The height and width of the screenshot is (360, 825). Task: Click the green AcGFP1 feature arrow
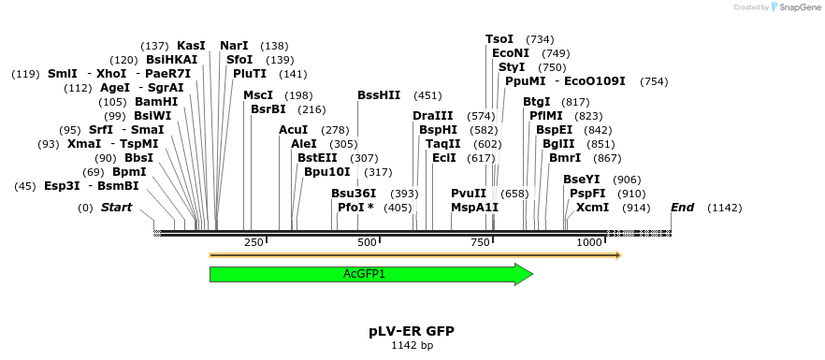[x=365, y=274]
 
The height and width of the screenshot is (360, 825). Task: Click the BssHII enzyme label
[x=379, y=95]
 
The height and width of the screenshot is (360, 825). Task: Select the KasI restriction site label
[x=191, y=46]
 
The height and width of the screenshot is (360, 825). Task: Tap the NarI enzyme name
[x=234, y=46]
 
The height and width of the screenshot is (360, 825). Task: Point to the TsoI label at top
[x=499, y=39]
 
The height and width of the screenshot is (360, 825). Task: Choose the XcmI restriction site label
[x=592, y=208]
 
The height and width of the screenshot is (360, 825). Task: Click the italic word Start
[x=116, y=208]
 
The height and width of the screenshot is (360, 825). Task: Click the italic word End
[x=682, y=208]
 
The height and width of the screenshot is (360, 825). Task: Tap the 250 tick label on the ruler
[x=253, y=242]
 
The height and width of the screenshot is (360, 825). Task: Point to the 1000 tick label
[x=590, y=242]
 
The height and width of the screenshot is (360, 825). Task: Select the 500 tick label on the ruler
[x=367, y=242]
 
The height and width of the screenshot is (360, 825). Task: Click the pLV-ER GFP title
[x=412, y=331]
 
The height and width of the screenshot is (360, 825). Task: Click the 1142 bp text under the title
[x=412, y=346]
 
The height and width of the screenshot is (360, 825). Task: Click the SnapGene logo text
[x=798, y=7]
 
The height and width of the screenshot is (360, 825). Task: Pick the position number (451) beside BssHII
[x=427, y=95]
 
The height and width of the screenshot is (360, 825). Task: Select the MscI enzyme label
[x=258, y=95]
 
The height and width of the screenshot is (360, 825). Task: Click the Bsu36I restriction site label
[x=354, y=194]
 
